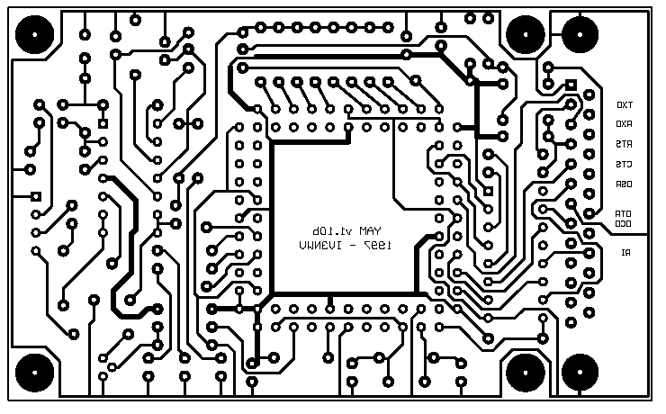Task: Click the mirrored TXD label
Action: [624, 103]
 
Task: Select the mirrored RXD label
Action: [624, 123]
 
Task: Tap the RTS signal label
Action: [624, 144]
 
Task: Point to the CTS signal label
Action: [624, 165]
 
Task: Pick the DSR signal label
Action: [624, 184]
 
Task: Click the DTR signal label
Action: [623, 213]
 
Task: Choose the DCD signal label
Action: [623, 222]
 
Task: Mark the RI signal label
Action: [625, 253]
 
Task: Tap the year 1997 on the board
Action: [372, 244]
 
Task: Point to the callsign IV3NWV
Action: [320, 244]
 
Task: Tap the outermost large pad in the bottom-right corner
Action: [580, 371]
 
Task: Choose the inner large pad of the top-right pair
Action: [523, 35]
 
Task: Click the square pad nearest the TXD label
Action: [571, 85]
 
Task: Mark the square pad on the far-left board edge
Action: [36, 197]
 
